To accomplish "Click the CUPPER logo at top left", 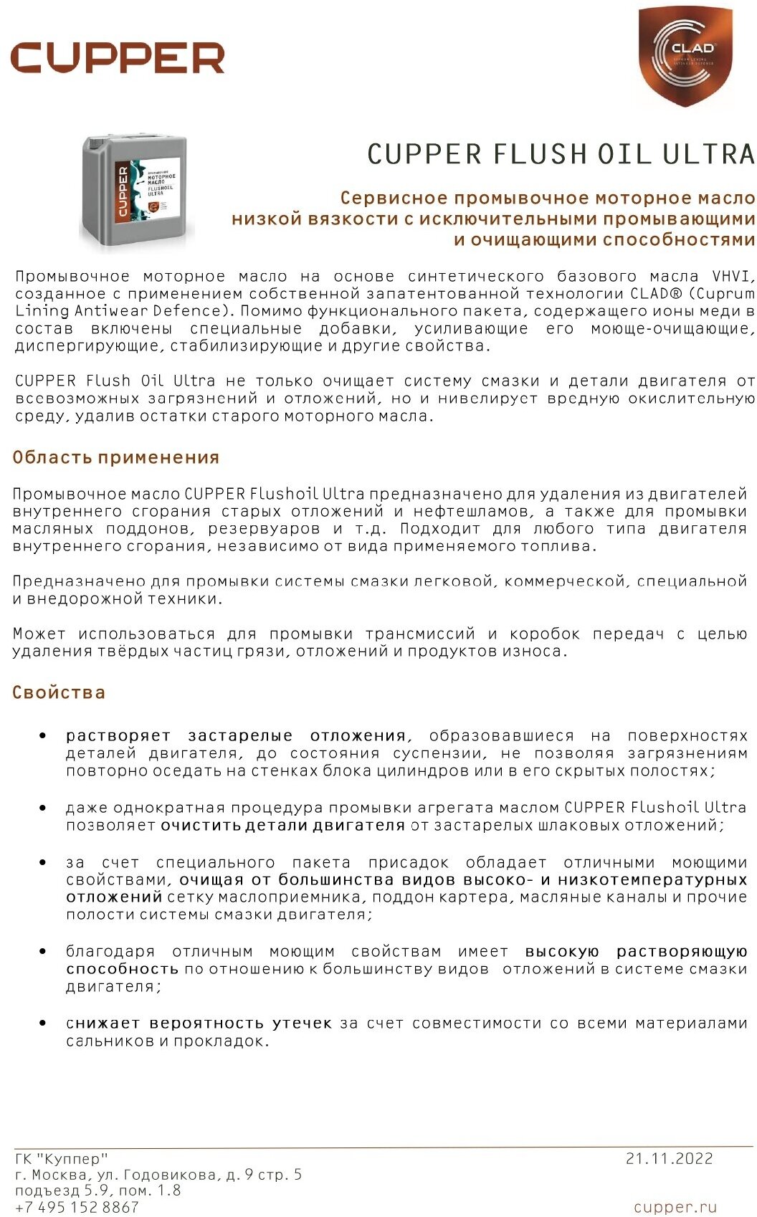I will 118,57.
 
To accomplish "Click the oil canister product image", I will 137,191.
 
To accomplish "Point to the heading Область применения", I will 115,457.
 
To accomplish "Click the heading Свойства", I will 59,692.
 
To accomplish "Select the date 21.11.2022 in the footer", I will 669,1159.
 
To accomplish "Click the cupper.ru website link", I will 675,1208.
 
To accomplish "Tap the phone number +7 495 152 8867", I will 77,1208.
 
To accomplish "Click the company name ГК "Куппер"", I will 62,1159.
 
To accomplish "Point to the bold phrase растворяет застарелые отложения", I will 237,736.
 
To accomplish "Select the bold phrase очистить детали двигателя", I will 282,825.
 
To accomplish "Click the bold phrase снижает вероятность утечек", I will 199,1023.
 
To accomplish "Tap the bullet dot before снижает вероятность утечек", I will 43,1023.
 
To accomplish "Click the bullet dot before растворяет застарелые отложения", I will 43,736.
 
